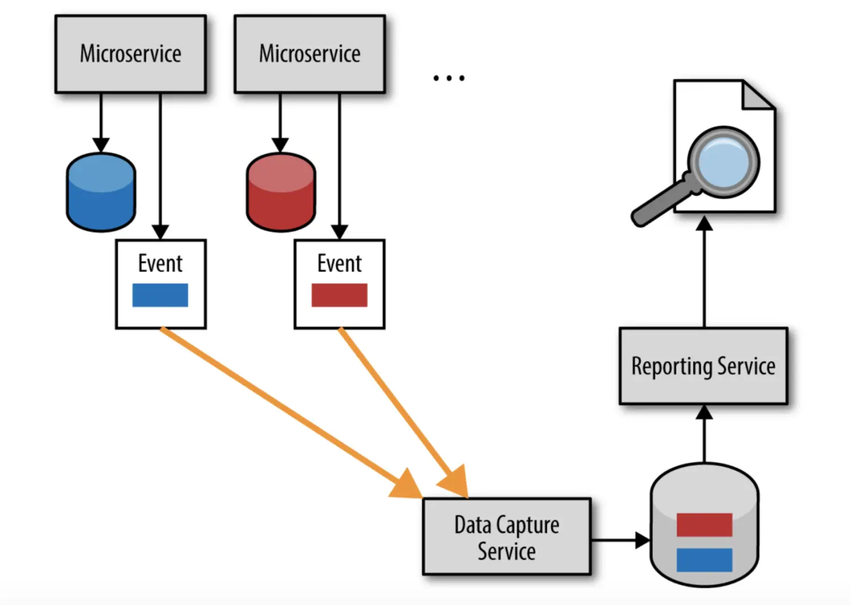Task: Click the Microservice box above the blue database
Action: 130,54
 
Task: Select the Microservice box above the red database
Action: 310,54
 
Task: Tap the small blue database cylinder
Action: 101,193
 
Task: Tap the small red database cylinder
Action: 281,193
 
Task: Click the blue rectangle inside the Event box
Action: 160,295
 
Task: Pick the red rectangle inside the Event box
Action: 339,295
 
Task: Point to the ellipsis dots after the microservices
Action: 449,78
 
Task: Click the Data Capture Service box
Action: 507,537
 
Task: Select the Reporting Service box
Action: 703,366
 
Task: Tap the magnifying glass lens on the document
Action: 723,162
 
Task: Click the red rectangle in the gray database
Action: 704,524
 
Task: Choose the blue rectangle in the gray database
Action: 704,560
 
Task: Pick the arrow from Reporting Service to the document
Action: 704,272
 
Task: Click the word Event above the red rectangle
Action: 339,264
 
